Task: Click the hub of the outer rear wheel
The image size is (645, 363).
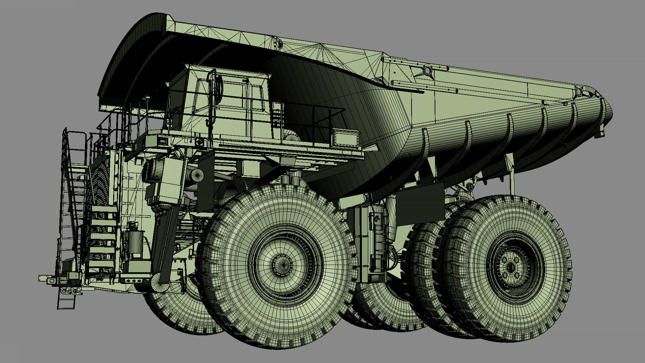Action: (510, 267)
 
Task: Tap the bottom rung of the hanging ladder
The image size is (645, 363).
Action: (66, 306)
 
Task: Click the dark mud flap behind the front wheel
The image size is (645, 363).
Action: (420, 202)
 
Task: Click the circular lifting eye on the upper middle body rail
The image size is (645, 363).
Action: (427, 71)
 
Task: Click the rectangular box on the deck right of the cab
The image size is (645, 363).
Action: (345, 138)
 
